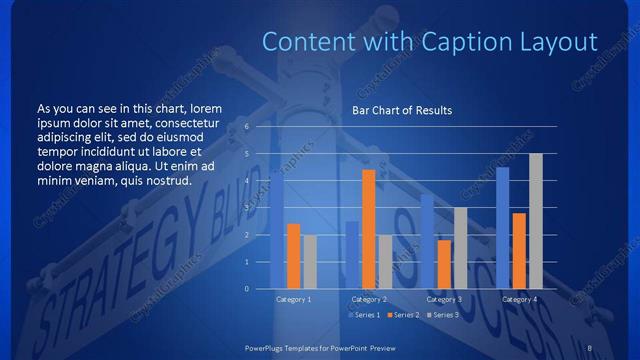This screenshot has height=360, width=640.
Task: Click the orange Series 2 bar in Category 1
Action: (x=293, y=256)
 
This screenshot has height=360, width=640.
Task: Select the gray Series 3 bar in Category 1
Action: (x=310, y=262)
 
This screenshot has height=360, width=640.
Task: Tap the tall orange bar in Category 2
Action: (x=368, y=229)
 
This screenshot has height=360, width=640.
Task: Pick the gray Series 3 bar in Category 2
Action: (x=385, y=262)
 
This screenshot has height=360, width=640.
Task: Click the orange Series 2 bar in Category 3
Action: (x=444, y=264)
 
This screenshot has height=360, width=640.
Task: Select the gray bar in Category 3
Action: (x=460, y=248)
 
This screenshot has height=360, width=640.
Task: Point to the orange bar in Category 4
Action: (x=519, y=251)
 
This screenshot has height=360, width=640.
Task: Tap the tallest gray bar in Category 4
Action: (x=536, y=221)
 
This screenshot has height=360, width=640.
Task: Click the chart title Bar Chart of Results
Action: (x=402, y=110)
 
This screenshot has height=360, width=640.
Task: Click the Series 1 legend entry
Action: (x=365, y=315)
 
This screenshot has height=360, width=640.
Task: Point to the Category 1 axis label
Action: (x=293, y=299)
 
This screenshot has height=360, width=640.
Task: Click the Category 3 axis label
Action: (x=444, y=299)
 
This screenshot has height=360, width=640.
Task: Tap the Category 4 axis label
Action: (x=519, y=299)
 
